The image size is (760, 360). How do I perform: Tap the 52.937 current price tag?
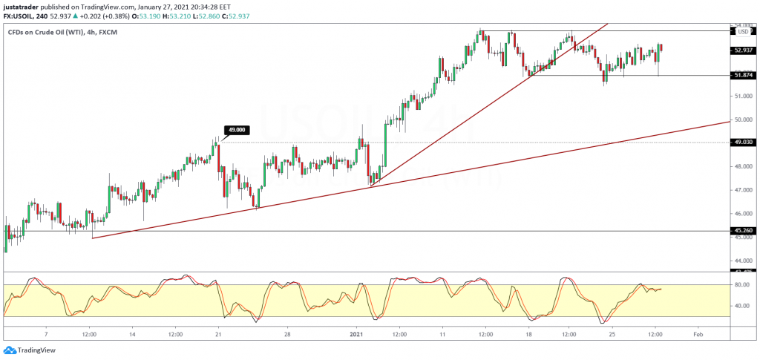[x=743, y=50]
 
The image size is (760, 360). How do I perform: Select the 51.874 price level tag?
[x=743, y=75]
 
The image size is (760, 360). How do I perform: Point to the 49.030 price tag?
[x=743, y=143]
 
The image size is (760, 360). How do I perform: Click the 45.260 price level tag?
[x=743, y=231]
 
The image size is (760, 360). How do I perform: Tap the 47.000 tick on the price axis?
[x=742, y=190]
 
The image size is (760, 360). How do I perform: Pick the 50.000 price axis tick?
[x=742, y=120]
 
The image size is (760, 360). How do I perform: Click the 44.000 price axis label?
[x=742, y=261]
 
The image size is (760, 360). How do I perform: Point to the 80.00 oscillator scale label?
[x=740, y=284]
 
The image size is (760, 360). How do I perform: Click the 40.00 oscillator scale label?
[x=740, y=306]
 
